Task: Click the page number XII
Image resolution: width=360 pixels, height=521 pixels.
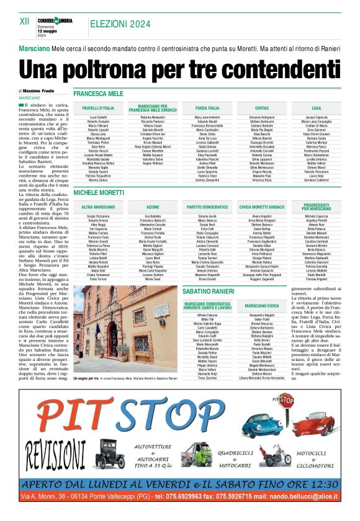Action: [25, 20]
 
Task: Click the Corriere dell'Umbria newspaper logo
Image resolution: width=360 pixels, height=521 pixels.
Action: [54, 21]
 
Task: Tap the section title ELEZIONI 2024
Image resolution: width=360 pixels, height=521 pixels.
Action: [120, 24]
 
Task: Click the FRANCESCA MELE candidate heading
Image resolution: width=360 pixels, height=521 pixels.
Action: [98, 93]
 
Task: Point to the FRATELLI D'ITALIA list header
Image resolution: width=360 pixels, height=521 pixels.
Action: [98, 108]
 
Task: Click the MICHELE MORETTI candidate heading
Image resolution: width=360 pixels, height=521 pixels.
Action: [99, 194]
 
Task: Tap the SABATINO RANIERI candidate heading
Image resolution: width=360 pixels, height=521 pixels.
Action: [208, 291]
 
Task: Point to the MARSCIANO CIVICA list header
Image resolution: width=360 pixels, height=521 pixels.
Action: [261, 306]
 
